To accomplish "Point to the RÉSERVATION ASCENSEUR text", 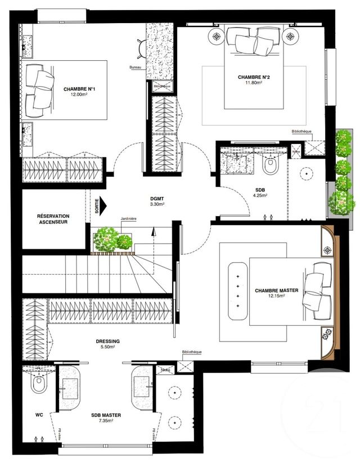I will [53, 219].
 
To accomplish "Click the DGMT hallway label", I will [157, 199].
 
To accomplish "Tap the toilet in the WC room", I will [38, 385].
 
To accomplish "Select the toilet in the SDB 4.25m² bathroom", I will [271, 165].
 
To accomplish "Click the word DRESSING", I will [108, 341].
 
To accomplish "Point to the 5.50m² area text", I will [108, 347].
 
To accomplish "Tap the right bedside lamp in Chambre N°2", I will [290, 36].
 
